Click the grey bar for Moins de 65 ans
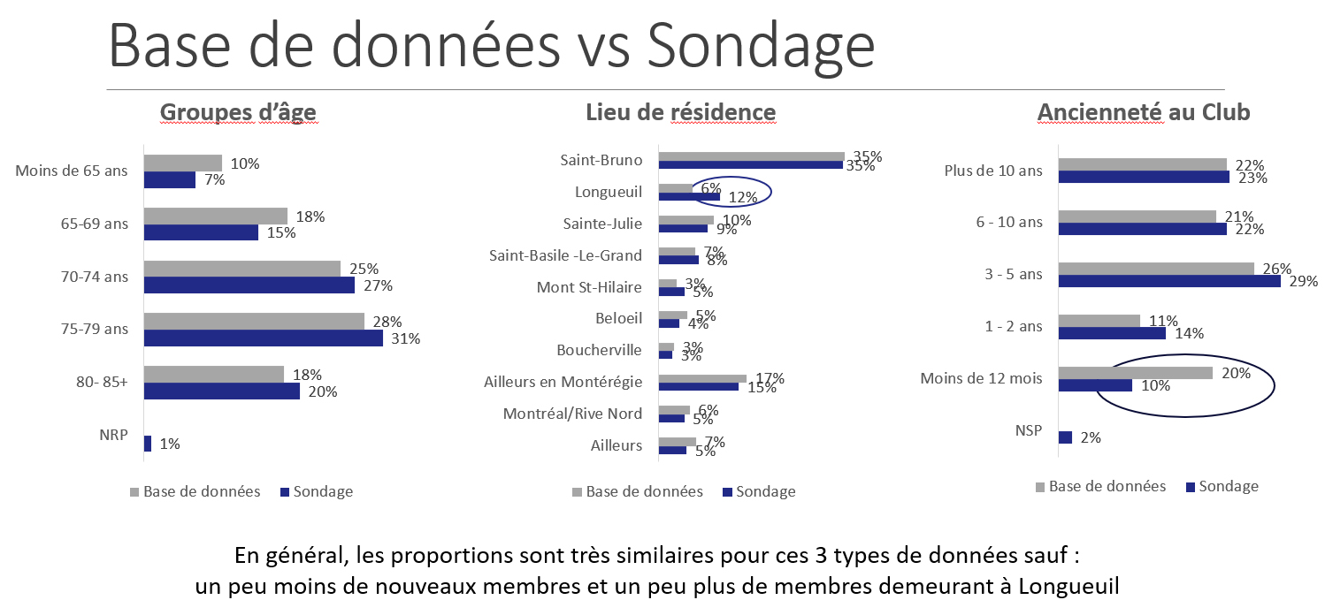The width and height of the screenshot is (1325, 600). click(182, 163)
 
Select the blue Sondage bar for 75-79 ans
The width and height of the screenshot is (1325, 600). click(263, 338)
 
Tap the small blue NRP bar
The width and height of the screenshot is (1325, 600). click(148, 444)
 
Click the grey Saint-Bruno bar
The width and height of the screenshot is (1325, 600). click(751, 156)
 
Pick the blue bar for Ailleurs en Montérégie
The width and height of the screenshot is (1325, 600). click(698, 386)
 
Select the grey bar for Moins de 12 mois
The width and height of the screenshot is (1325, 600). click(1135, 373)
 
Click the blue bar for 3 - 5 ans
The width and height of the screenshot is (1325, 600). click(1168, 281)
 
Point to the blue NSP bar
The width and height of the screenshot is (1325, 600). click(1065, 437)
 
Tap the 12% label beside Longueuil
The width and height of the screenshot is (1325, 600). click(742, 197)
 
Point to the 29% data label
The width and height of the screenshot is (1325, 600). click(1303, 282)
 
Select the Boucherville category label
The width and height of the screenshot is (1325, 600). click(599, 350)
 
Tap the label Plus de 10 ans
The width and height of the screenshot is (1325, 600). click(994, 171)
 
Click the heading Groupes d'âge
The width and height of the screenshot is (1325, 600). click(238, 112)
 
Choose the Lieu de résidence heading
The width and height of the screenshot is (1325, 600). click(680, 112)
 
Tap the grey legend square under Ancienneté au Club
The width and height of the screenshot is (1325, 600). click(1040, 487)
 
